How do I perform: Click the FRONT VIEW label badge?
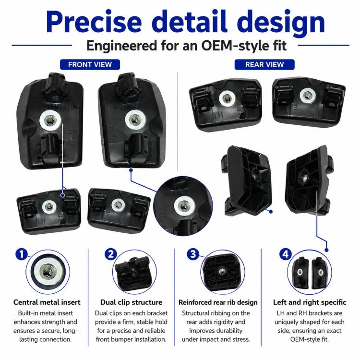click(90, 64)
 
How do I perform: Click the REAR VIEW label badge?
click(264, 64)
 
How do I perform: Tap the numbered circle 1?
click(22, 254)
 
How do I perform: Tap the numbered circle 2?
click(111, 254)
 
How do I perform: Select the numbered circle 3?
click(193, 254)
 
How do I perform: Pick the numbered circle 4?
click(286, 254)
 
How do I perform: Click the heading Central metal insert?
click(47, 302)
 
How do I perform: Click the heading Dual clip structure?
click(131, 302)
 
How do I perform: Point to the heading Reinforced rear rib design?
click(218, 302)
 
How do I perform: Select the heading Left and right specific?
click(310, 302)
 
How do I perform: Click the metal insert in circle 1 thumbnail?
click(48, 271)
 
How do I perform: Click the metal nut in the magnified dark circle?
click(183, 205)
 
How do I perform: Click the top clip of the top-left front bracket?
click(56, 85)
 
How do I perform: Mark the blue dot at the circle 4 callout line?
click(327, 250)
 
